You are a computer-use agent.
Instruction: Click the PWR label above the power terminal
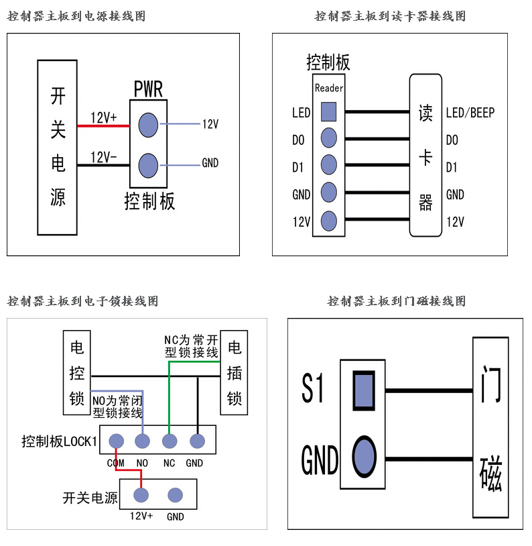(x=148, y=89)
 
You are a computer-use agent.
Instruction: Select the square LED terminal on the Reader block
(x=328, y=111)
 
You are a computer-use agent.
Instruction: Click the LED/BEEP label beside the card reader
(x=470, y=113)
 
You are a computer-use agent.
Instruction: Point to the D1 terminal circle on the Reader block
(x=328, y=165)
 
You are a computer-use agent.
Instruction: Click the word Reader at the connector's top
(x=329, y=88)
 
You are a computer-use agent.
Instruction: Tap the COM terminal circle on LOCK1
(x=116, y=441)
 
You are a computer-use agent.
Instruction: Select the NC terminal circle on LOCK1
(x=169, y=441)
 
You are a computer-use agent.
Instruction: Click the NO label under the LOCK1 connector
(x=142, y=463)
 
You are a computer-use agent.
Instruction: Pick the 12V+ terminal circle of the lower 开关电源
(x=141, y=495)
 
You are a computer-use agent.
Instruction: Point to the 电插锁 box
(x=235, y=373)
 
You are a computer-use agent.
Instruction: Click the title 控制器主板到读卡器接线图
(x=390, y=16)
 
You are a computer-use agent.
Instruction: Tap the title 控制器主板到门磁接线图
(x=396, y=301)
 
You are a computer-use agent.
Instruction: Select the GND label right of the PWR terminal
(x=210, y=163)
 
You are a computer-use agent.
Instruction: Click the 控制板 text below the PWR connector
(x=149, y=201)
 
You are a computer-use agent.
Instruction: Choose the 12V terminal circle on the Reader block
(x=328, y=221)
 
